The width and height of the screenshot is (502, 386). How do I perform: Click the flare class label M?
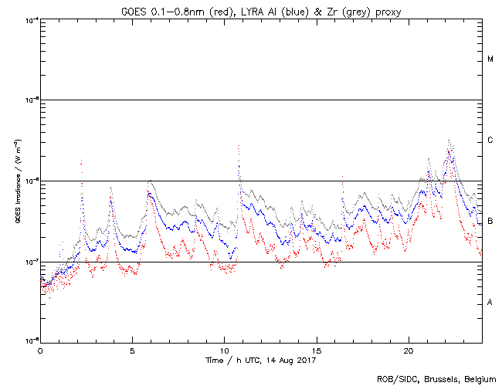[490, 59]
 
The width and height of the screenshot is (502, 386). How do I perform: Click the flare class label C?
[490, 141]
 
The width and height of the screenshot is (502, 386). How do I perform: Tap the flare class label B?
[490, 222]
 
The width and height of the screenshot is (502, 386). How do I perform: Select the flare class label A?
[490, 302]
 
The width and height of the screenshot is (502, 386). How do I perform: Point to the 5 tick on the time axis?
[132, 349]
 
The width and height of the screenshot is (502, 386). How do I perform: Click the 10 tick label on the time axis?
[224, 349]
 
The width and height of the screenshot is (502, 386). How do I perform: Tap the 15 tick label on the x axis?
[316, 349]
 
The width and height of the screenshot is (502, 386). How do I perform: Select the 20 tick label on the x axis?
[408, 349]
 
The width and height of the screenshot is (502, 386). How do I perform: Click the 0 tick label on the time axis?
[40, 349]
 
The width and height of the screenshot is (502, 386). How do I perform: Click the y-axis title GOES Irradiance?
[16, 179]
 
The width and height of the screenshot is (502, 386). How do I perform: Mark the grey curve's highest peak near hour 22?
[449, 141]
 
